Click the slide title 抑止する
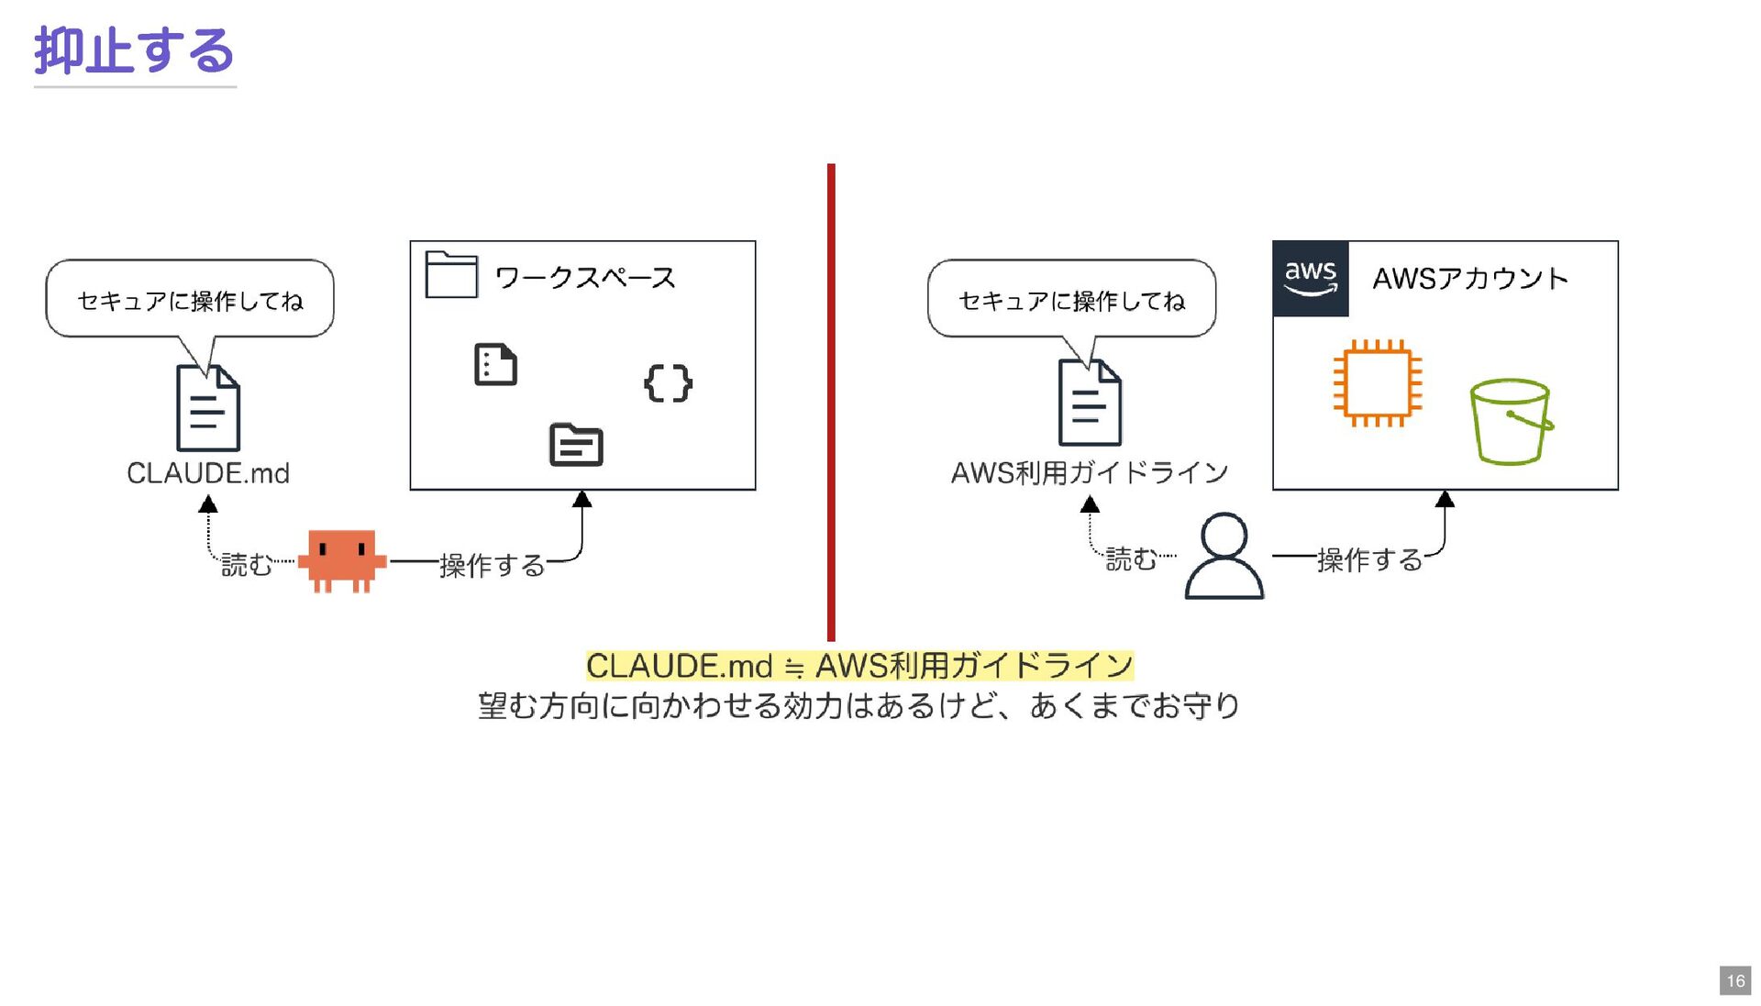[x=134, y=50]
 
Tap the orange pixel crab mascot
[x=341, y=560]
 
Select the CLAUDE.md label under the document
[x=208, y=473]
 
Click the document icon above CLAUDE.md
[x=208, y=408]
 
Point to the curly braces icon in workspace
[x=668, y=383]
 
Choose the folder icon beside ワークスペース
[x=451, y=274]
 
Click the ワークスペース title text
[x=585, y=277]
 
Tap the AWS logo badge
[x=1310, y=278]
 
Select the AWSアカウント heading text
[x=1469, y=278]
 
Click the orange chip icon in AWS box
[x=1377, y=383]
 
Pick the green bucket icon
[x=1511, y=421]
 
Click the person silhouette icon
[x=1224, y=557]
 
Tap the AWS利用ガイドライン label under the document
[x=1090, y=473]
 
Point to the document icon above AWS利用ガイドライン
[x=1090, y=404]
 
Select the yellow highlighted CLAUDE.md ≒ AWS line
[x=859, y=666]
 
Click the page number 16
[x=1734, y=980]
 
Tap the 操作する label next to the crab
[x=492, y=565]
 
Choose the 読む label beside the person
[x=1130, y=558]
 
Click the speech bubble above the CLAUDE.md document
[x=190, y=299]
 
